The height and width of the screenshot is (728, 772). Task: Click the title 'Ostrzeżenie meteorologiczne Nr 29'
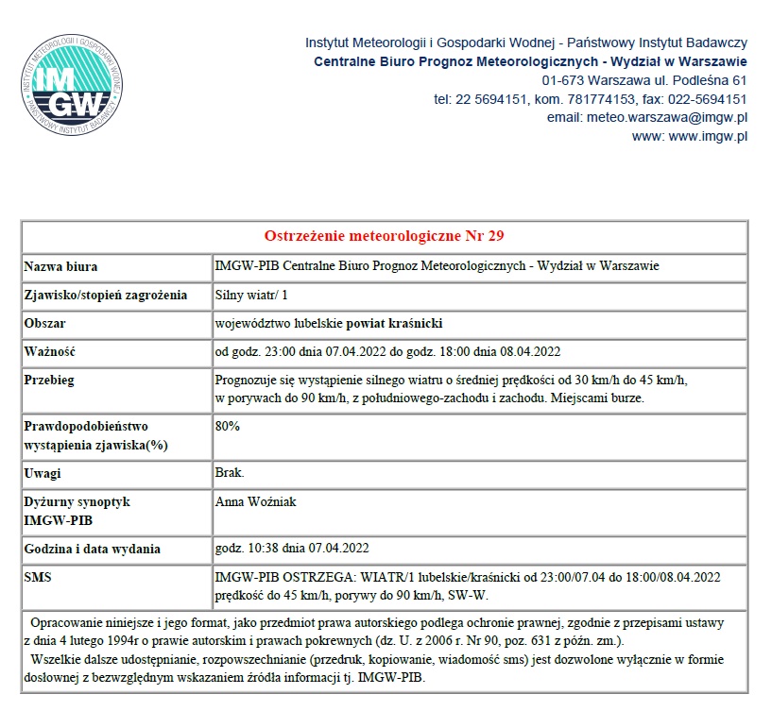385,235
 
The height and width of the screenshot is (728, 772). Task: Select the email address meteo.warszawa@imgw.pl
647,118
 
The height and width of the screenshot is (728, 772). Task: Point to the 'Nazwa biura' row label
61,266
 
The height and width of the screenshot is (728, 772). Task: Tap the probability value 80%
228,426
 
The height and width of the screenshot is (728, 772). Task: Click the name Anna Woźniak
255,501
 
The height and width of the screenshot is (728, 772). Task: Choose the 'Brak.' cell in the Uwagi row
230,471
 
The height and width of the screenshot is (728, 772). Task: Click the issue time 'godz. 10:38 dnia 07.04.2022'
292,548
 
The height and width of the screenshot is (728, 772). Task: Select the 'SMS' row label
39,576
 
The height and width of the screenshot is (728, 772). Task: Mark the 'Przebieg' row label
49,381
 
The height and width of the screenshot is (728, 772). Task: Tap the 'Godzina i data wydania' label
93,548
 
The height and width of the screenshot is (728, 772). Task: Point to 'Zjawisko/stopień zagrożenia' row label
106,295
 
